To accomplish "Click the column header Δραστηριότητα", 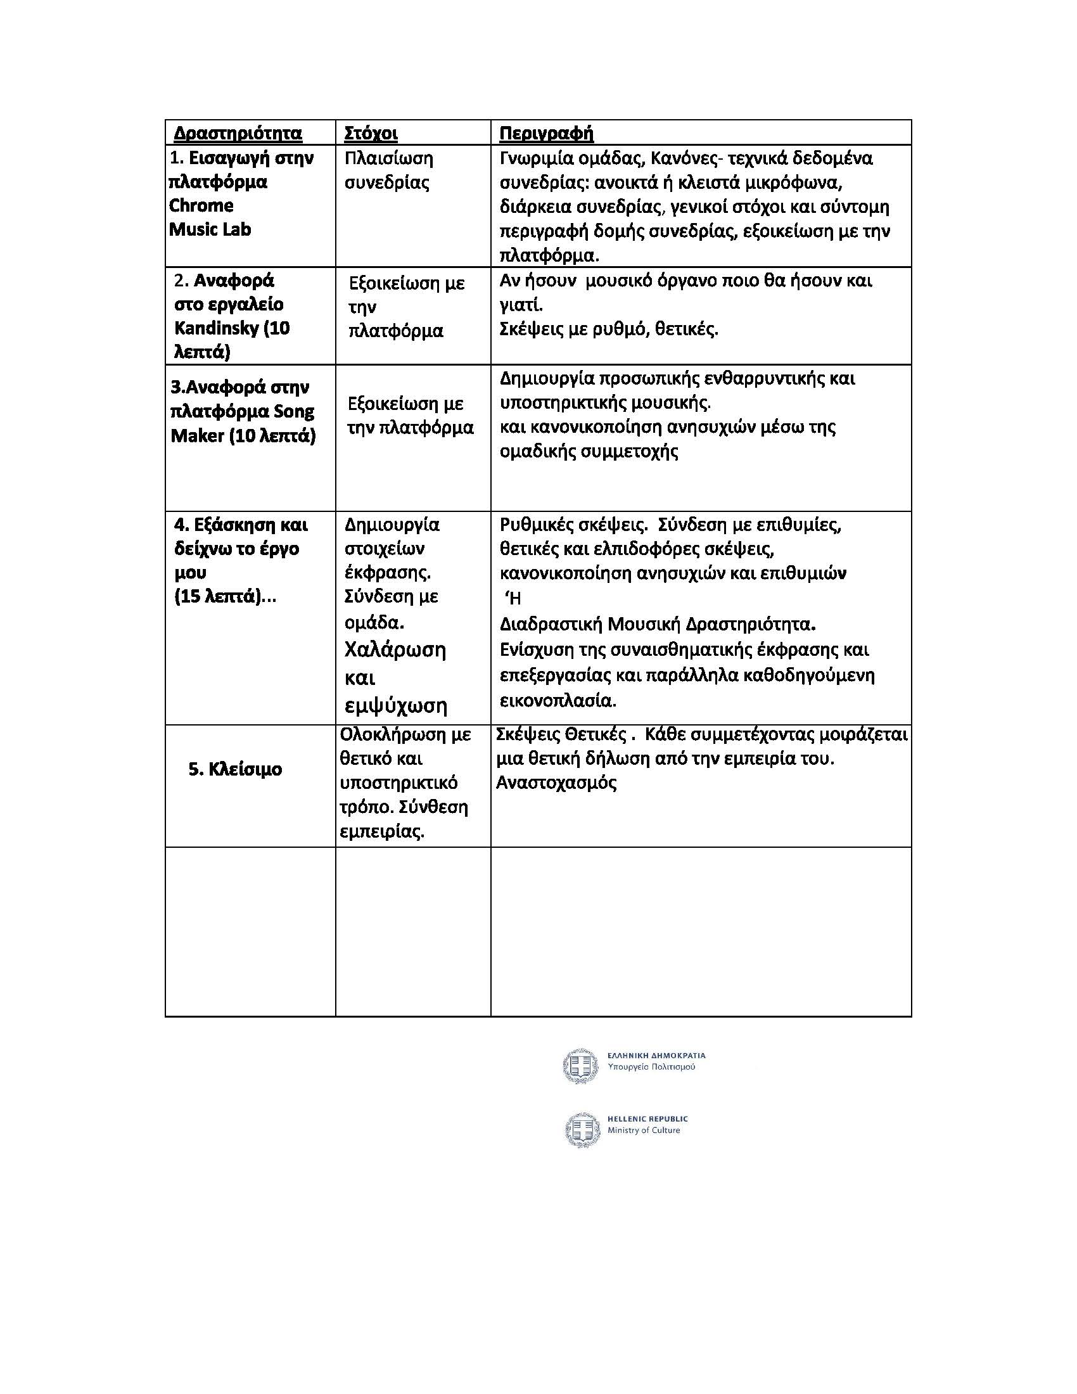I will click(x=238, y=134).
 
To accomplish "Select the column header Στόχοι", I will click(x=371, y=134).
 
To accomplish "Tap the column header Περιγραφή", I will click(x=546, y=134).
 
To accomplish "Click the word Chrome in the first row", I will click(x=201, y=205).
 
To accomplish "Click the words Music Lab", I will click(x=210, y=229).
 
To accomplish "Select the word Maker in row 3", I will click(x=197, y=436).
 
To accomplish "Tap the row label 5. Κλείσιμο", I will click(x=235, y=769).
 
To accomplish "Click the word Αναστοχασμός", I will click(x=556, y=783).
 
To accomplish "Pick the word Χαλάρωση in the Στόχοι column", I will click(x=395, y=649).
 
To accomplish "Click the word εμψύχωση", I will click(x=395, y=705).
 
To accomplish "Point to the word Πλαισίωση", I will click(x=388, y=158).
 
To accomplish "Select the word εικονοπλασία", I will click(x=558, y=700).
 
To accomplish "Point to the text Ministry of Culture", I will click(x=643, y=1130).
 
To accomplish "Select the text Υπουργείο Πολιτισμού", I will click(x=651, y=1067).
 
